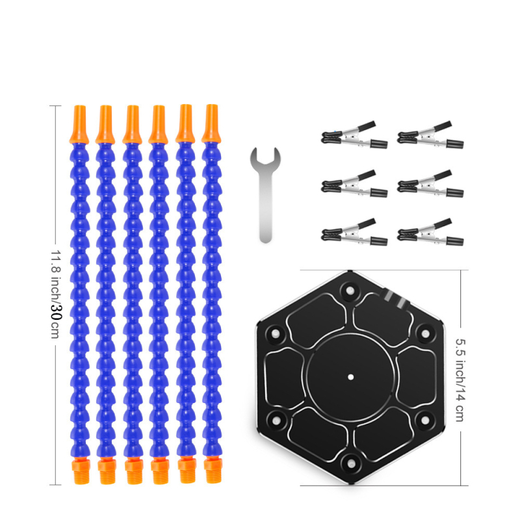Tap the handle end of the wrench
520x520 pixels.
265,237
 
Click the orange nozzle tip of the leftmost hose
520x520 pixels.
79,124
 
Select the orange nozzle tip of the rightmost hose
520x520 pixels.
212,123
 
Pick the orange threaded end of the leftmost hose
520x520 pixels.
81,470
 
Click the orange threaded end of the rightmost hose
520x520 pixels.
213,469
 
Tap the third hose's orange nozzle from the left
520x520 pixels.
133,124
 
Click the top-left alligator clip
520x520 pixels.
354,135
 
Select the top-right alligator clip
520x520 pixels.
430,135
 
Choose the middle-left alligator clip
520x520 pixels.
354,184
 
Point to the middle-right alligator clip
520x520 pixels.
430,184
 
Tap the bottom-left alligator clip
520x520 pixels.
354,232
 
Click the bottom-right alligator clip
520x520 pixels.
430,232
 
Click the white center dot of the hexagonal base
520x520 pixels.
350,377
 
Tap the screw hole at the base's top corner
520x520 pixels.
350,291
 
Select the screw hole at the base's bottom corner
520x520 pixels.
350,463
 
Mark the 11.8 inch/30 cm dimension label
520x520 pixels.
56,294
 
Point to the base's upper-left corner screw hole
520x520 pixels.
276,333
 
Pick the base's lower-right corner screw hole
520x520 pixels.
425,421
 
